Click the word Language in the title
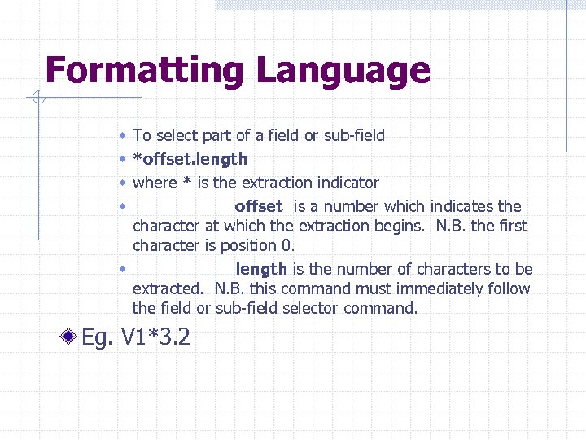(343, 71)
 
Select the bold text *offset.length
(190, 159)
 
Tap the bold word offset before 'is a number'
(258, 206)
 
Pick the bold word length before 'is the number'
(261, 269)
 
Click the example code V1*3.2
(155, 337)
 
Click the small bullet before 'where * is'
(121, 182)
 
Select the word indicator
(348, 183)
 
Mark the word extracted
(168, 288)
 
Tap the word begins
(405, 226)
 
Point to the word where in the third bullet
(152, 183)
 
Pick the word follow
(509, 288)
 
